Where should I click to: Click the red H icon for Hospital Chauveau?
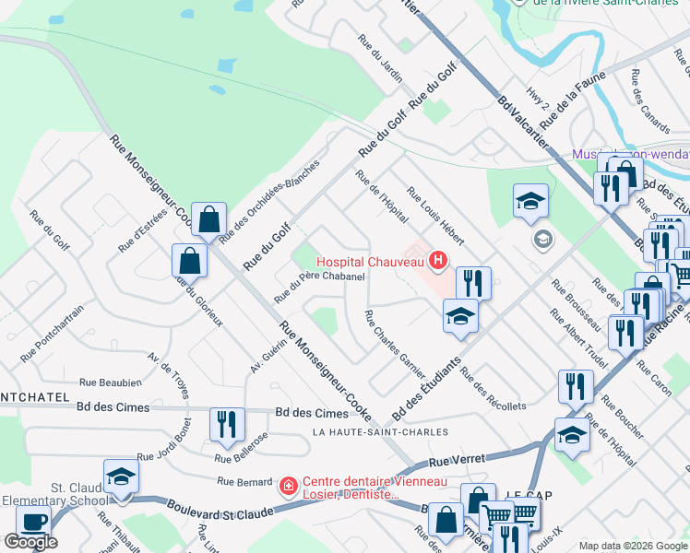point(437,263)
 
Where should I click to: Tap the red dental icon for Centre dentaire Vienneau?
point(288,485)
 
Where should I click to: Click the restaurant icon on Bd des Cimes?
point(227,424)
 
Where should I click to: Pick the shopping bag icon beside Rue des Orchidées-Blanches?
point(209,219)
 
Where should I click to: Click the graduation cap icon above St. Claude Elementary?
point(121,476)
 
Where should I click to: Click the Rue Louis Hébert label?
point(435,215)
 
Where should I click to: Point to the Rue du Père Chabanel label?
point(318,285)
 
